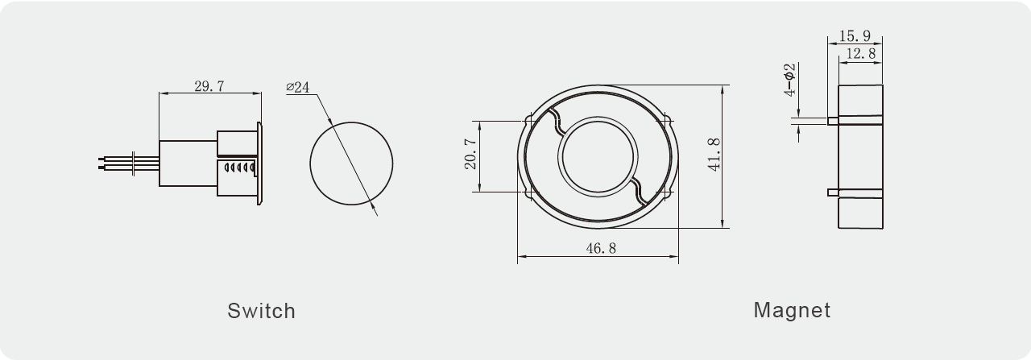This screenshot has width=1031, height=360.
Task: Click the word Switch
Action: tap(261, 311)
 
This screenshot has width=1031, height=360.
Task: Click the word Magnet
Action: tap(792, 310)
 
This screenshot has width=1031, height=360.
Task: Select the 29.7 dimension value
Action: tap(209, 86)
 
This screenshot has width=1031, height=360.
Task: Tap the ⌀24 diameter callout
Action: tap(298, 87)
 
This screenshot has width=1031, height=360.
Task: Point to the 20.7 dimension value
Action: tap(470, 154)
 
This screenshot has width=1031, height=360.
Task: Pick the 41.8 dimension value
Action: tap(714, 155)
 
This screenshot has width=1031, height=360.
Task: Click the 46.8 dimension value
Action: tap(601, 249)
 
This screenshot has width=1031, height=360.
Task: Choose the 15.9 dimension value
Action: tap(855, 35)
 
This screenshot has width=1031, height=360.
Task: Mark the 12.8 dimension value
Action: tap(861, 53)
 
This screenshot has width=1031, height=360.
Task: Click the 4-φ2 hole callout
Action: tap(789, 80)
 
